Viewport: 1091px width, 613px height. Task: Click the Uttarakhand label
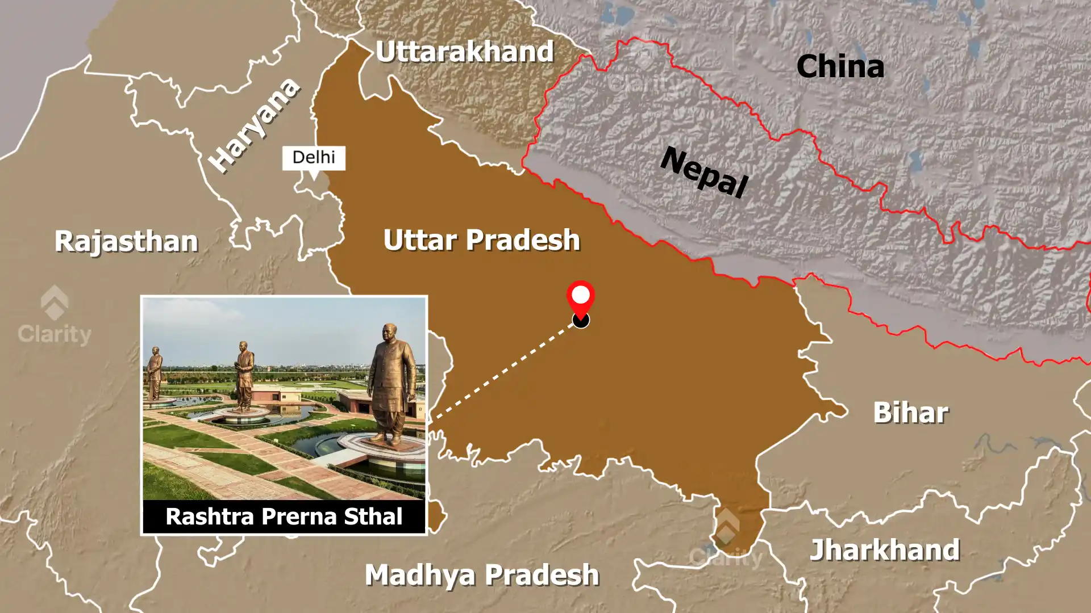tap(464, 52)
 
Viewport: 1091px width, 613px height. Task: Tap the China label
tap(840, 66)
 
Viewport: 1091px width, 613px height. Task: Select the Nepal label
tap(704, 171)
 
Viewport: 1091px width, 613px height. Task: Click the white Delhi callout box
tap(314, 157)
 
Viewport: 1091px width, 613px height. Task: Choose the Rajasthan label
tap(126, 241)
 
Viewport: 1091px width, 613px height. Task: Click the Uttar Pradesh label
tap(481, 240)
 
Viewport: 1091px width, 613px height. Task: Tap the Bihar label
tap(910, 413)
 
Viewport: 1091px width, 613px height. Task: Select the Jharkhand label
tap(885, 550)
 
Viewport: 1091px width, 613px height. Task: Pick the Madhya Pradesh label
tap(482, 575)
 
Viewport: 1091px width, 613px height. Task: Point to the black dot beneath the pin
tap(581, 321)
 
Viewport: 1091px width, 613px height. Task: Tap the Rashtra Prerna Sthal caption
tap(284, 517)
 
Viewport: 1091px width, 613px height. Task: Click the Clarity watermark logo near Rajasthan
tap(55, 316)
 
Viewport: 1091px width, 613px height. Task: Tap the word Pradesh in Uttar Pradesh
tap(523, 240)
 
